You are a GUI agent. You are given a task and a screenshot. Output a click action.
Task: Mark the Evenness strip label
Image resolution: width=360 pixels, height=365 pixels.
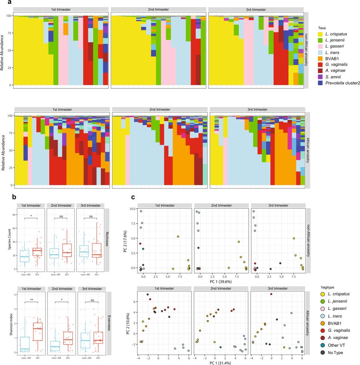107,323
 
